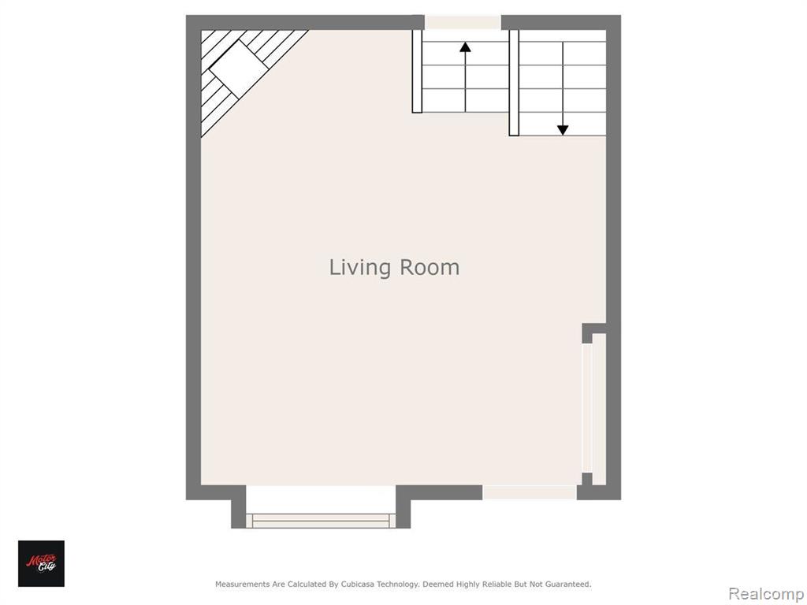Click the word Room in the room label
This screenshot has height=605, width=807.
click(430, 267)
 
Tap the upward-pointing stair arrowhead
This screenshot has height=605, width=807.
click(465, 46)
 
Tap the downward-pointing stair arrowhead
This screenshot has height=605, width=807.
click(563, 131)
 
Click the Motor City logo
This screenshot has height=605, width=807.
click(41, 563)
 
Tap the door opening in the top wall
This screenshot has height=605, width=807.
click(462, 23)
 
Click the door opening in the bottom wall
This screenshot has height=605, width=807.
click(529, 492)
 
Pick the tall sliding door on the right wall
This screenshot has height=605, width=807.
click(587, 409)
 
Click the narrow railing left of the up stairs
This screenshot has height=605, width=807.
click(417, 71)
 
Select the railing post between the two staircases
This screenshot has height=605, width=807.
click(514, 83)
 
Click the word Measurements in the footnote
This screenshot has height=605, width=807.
click(243, 584)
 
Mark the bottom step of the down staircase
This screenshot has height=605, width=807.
click(562, 124)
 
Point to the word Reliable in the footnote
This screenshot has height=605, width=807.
click(493, 584)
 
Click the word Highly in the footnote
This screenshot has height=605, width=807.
click(466, 585)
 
